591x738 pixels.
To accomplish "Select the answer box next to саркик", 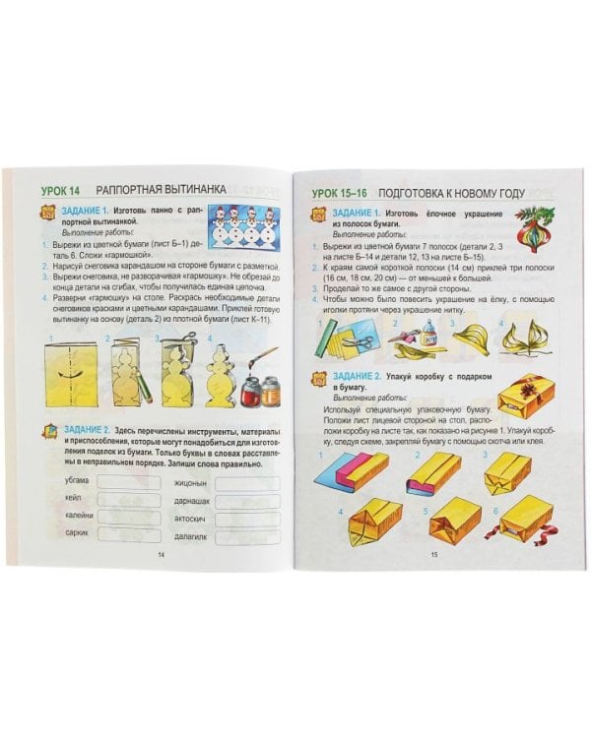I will point(132,542).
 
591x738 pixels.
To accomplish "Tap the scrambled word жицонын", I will point(189,482).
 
